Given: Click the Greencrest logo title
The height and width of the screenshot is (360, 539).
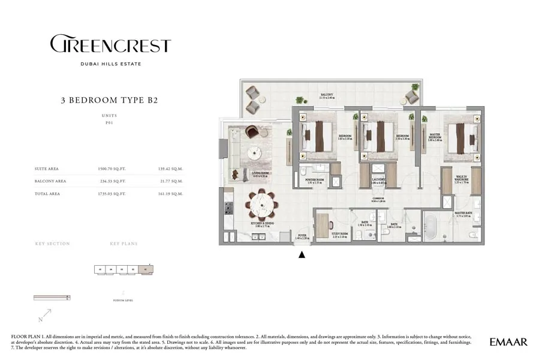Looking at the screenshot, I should (110, 45).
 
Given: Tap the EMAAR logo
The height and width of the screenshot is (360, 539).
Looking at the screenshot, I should (508, 342).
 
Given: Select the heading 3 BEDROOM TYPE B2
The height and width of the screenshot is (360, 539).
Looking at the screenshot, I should (110, 100).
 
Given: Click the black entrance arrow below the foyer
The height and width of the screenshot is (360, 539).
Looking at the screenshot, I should (302, 254).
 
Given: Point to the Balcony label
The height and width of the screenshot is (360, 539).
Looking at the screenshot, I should (327, 95).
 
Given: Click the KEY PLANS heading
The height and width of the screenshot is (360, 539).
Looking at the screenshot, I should (124, 244).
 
